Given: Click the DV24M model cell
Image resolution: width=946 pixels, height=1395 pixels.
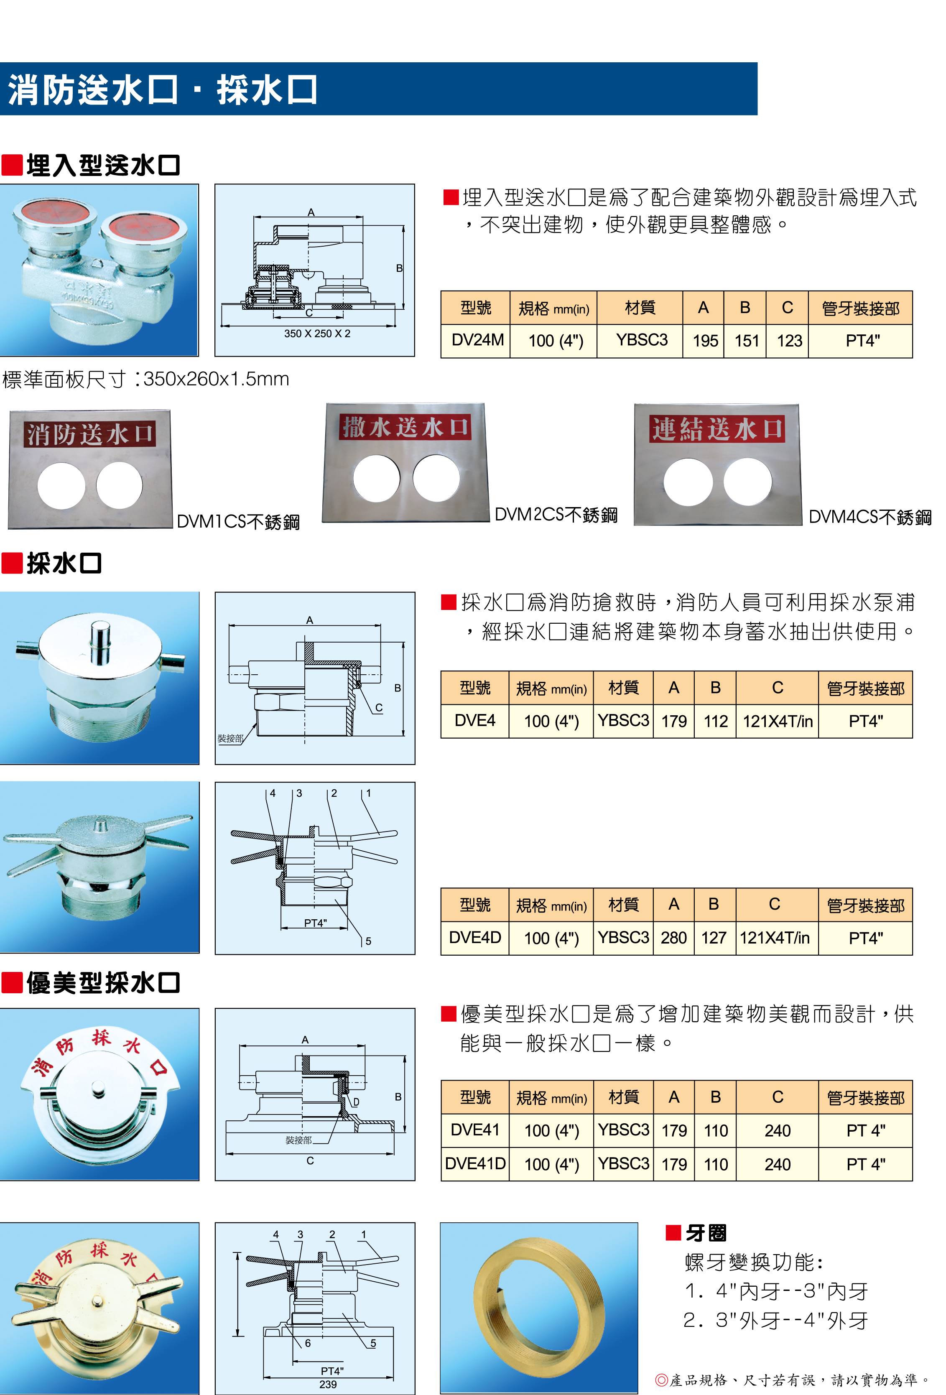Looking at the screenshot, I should [x=477, y=340].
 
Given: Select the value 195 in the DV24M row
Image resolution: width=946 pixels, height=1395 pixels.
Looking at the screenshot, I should [x=705, y=341].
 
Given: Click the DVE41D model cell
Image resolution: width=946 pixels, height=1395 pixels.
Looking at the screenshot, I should [x=475, y=1163].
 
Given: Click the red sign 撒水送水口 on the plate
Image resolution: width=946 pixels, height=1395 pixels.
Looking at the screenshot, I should [x=405, y=427].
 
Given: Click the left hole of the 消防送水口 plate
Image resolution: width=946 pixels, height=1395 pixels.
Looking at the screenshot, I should [x=61, y=485].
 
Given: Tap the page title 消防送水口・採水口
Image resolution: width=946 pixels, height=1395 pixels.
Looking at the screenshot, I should [x=162, y=90].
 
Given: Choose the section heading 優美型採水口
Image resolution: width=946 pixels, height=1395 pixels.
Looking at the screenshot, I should [x=102, y=983].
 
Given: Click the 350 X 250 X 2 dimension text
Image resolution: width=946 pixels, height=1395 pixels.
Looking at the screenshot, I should [x=317, y=333].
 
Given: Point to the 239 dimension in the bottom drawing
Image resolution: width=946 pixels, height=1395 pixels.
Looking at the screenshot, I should [x=328, y=1384].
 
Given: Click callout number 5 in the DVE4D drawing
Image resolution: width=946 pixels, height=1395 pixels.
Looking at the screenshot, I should [x=368, y=941].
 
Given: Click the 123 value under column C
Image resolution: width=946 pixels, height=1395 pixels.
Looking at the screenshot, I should [x=789, y=341].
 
